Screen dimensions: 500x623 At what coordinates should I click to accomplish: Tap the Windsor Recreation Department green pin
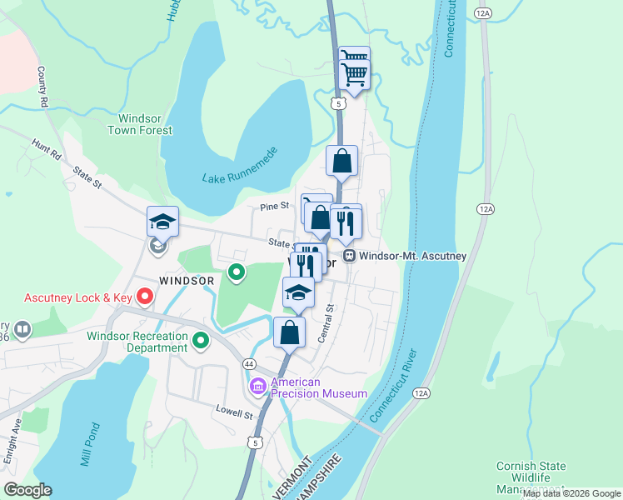[200, 340]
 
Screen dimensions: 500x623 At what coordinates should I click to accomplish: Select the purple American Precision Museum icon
[257, 387]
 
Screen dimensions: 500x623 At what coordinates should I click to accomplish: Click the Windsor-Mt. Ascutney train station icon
[351, 256]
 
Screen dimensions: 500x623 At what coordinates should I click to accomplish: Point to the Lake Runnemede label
[239, 167]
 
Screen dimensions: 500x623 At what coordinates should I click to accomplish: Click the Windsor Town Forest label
[140, 124]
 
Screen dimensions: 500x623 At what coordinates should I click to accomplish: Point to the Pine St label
[274, 205]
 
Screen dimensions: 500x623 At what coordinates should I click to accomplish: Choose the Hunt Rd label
[47, 150]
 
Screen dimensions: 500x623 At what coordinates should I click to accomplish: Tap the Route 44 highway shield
[249, 364]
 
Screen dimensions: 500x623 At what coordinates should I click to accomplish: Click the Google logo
[27, 490]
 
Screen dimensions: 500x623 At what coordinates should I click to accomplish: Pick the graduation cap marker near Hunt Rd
[162, 222]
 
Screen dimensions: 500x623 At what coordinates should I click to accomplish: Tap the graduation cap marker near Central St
[299, 292]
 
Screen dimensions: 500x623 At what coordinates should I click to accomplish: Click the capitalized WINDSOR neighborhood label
[187, 281]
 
